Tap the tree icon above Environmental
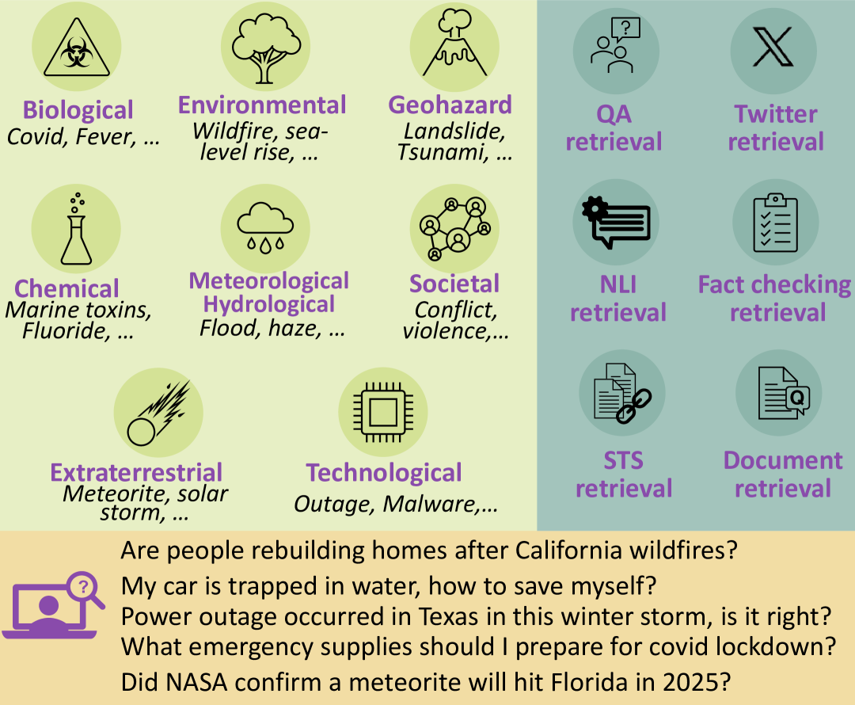click(x=265, y=48)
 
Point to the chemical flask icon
click(x=76, y=229)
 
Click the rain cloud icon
click(x=265, y=227)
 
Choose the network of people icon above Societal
click(x=454, y=228)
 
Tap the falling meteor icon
click(x=158, y=413)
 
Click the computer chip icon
click(x=383, y=412)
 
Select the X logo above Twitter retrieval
click(x=773, y=48)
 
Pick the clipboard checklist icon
click(x=775, y=223)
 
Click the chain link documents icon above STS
click(x=622, y=393)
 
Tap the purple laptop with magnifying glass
click(x=54, y=604)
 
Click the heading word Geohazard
click(x=450, y=105)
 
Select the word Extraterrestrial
click(x=136, y=473)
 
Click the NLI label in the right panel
click(x=617, y=284)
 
